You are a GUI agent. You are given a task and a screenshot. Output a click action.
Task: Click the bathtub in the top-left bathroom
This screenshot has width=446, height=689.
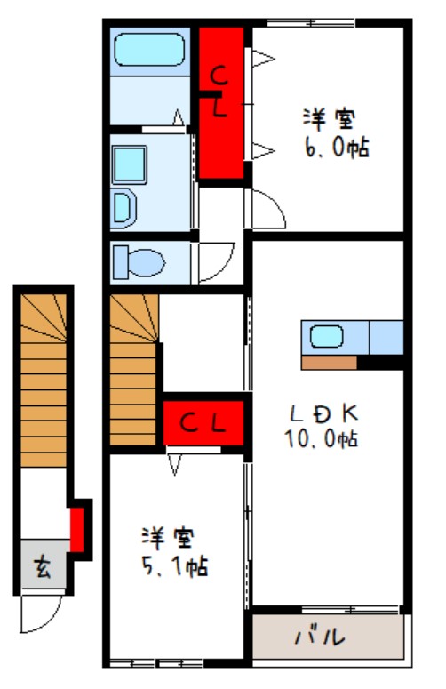click(x=149, y=52)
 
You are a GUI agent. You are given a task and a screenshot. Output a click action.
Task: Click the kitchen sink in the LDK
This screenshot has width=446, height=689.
click(x=327, y=337)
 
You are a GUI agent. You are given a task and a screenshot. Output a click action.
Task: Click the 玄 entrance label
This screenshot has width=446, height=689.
click(x=42, y=566)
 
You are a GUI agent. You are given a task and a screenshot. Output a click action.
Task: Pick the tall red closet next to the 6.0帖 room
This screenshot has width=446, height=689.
click(x=220, y=102)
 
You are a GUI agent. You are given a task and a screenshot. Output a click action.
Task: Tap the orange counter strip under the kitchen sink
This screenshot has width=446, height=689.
click(x=329, y=362)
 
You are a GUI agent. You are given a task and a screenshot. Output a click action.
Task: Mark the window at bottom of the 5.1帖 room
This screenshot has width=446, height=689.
click(x=156, y=662)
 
